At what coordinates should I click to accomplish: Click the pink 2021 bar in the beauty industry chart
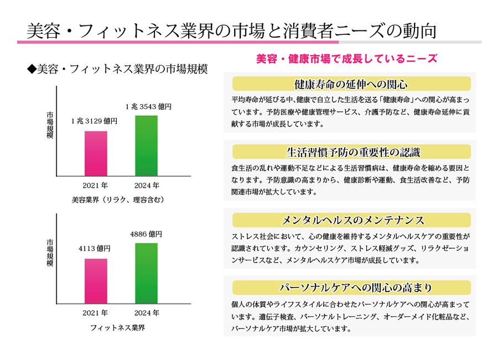click(96, 153)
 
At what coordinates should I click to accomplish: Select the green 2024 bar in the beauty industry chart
click(146, 146)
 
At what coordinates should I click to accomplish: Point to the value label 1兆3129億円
click(94, 121)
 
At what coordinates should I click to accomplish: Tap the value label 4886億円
click(146, 234)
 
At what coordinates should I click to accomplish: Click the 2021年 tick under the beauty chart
click(95, 186)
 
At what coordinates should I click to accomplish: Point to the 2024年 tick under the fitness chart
click(147, 313)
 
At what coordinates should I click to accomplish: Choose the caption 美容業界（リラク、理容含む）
click(118, 199)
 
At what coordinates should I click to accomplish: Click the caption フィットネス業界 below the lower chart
click(118, 327)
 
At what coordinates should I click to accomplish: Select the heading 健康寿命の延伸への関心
click(351, 84)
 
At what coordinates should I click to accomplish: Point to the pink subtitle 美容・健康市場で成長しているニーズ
click(347, 58)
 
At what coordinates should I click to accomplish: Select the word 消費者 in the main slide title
click(321, 30)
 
